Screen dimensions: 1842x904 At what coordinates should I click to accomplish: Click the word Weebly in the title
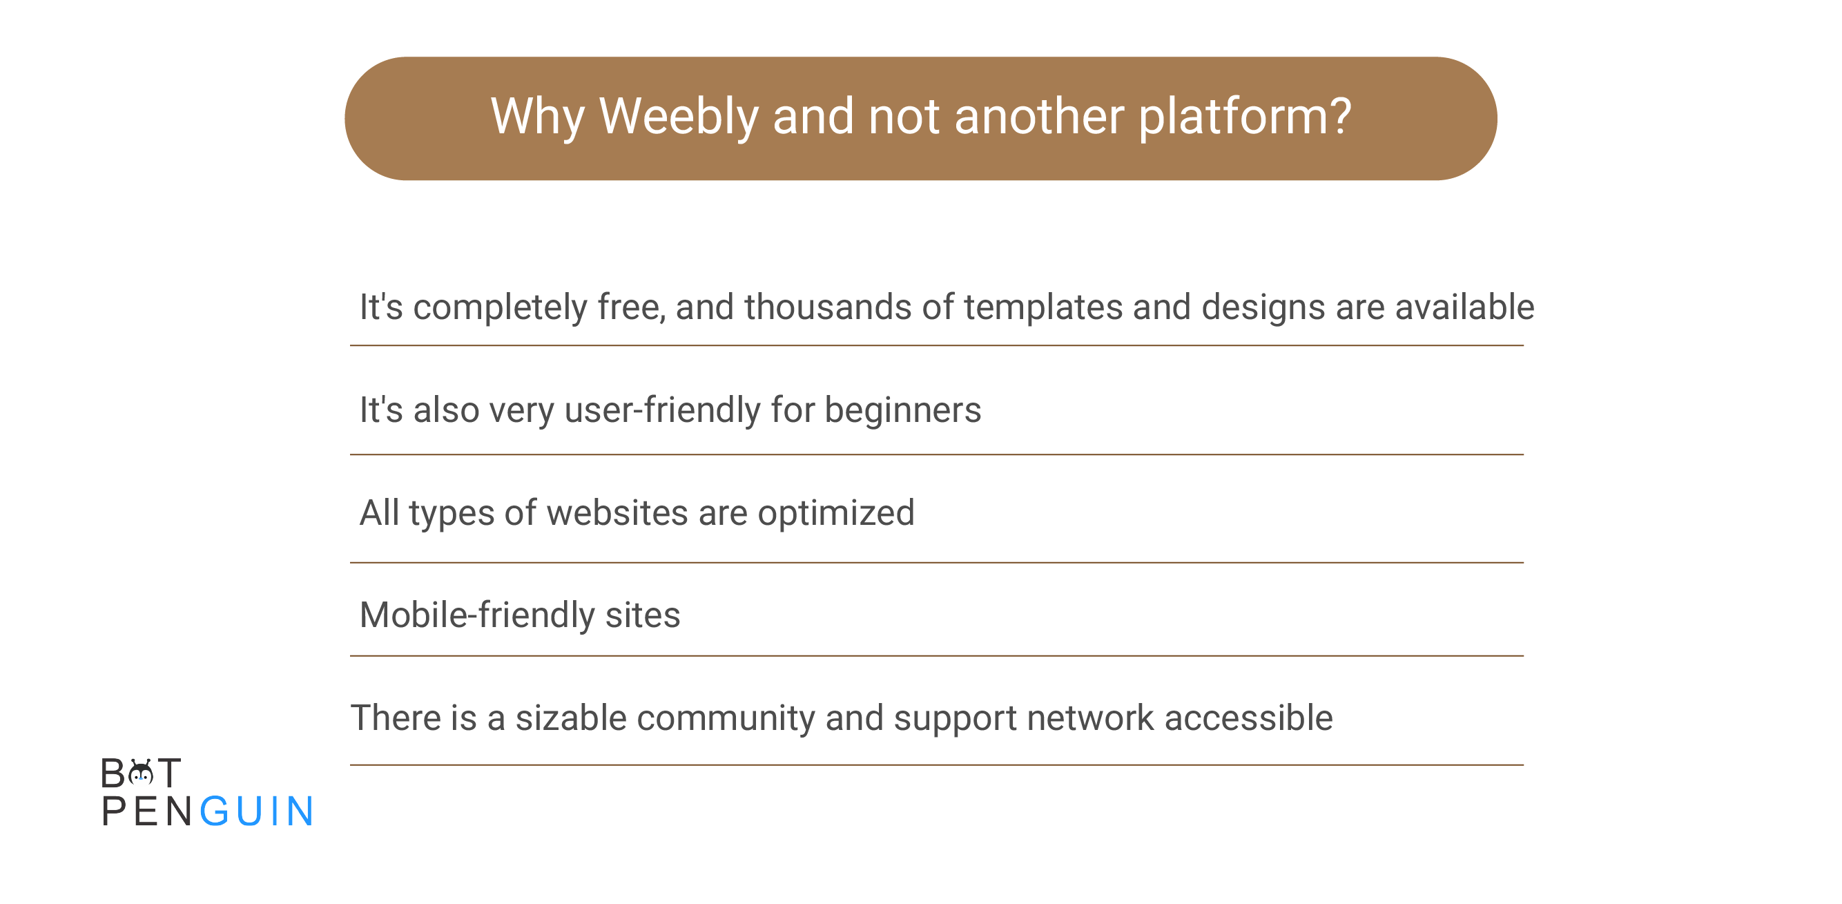coord(679,116)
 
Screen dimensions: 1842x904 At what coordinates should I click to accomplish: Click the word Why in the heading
coord(538,117)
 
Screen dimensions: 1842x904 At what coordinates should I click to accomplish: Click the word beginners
coord(902,410)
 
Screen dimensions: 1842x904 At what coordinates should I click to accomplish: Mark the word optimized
coord(836,514)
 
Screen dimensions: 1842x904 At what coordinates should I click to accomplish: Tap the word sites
coord(642,615)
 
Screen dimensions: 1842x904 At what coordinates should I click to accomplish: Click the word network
coord(1089,718)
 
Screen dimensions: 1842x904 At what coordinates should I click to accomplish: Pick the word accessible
coord(1248,718)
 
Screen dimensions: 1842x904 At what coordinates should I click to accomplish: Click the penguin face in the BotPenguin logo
coord(141,772)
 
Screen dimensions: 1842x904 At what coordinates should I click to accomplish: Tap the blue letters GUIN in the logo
coord(256,811)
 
